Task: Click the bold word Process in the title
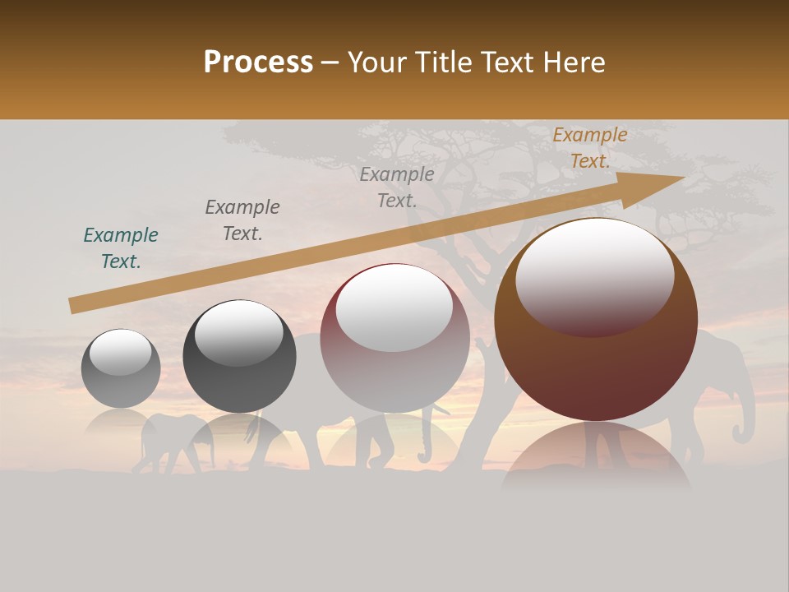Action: pyautogui.click(x=258, y=62)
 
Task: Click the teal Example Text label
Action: pyautogui.click(x=121, y=248)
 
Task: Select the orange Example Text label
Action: pyautogui.click(x=589, y=148)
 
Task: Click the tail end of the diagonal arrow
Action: pyautogui.click(x=74, y=306)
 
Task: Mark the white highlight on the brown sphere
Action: pyautogui.click(x=594, y=275)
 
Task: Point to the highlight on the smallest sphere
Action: pyautogui.click(x=120, y=352)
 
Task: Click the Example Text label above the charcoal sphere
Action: pyautogui.click(x=242, y=220)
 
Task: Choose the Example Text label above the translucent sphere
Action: pyautogui.click(x=397, y=187)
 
